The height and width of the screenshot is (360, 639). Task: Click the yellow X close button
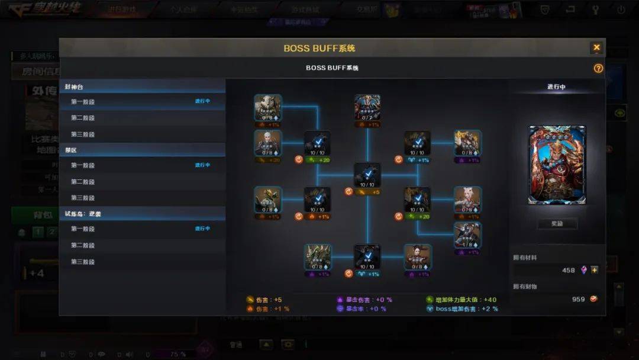596,47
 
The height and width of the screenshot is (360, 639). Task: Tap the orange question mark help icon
598,68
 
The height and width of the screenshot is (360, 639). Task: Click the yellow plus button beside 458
595,270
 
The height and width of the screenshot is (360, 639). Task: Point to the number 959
578,299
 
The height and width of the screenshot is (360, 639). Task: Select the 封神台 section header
74,87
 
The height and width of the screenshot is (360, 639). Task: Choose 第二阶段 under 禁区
83,182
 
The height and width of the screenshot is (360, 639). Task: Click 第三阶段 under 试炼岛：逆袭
83,262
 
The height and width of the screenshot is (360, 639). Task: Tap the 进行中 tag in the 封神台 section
202,101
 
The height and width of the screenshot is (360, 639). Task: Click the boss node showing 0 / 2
367,107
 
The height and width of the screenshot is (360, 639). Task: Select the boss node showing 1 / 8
467,235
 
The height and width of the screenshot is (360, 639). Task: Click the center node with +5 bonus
367,175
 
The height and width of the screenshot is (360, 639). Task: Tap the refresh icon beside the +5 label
348,192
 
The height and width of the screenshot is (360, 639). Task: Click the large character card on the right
557,165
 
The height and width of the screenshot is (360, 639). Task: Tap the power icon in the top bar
621,9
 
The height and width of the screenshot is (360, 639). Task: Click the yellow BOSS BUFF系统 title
319,48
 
